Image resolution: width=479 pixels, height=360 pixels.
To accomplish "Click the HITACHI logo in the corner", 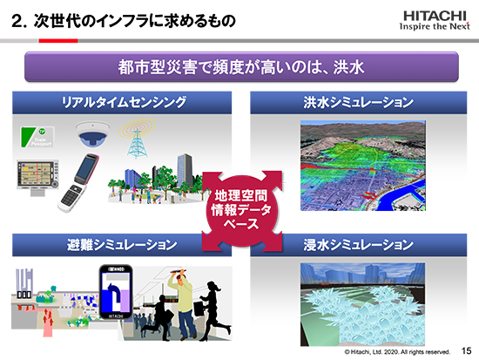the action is point(435,21).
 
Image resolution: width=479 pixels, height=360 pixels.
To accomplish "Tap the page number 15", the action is point(466,350).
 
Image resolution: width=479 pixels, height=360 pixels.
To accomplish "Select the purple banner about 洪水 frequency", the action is point(241,66).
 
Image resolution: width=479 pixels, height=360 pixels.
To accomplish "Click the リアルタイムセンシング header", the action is point(122,103).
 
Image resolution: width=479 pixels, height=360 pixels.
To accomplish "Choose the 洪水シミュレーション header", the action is point(358,103).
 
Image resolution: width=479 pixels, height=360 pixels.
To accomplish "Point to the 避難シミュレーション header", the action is point(122,245).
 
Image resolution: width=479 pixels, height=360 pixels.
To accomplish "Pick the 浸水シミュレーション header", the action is point(358,245).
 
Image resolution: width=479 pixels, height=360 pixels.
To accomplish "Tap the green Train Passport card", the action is point(37,137).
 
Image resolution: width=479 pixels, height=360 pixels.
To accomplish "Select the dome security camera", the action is point(92,133).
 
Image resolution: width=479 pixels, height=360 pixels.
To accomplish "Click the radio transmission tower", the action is point(137,139).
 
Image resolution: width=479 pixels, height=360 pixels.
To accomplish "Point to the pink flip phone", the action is point(78,183).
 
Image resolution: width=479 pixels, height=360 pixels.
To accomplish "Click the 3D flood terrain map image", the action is point(362,166).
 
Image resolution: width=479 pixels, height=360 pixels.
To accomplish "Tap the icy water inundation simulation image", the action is point(362,304).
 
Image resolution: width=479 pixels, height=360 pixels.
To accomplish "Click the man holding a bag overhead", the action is point(182,303).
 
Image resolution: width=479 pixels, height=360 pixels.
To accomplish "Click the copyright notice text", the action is point(397,352).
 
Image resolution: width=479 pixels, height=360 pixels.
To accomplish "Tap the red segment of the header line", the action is point(58,41).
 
